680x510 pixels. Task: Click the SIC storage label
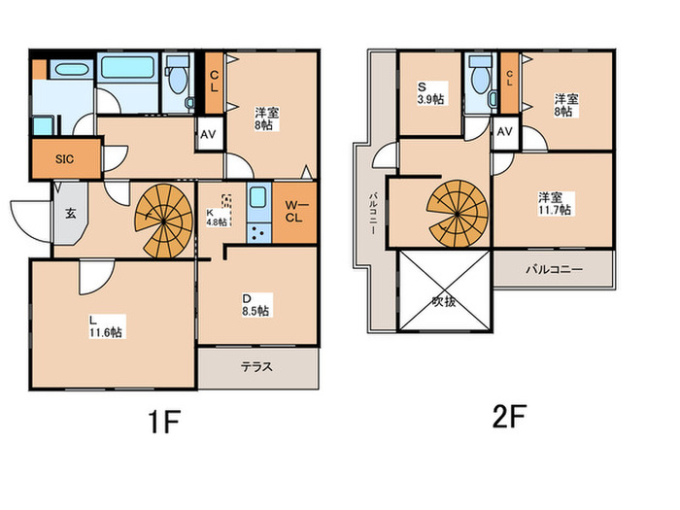coord(65,159)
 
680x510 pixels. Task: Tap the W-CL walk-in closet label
coord(294,211)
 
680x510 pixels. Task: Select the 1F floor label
coord(164,421)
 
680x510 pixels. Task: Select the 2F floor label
coord(509,416)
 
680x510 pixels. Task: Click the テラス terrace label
coord(257,367)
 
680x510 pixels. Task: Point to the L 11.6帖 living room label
coord(105,326)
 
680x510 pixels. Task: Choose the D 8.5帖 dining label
coord(255,305)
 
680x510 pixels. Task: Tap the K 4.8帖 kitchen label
coord(217,218)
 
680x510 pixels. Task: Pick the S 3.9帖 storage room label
coord(430,93)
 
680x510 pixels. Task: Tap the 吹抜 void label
coord(444,301)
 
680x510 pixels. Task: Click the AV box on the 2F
coord(505,131)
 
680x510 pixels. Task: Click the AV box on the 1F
coord(209,134)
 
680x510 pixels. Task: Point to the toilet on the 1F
coord(178,76)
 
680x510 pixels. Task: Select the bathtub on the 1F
coord(127,67)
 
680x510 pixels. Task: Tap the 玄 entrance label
coord(70,213)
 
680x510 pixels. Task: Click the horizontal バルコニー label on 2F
coord(555,269)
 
